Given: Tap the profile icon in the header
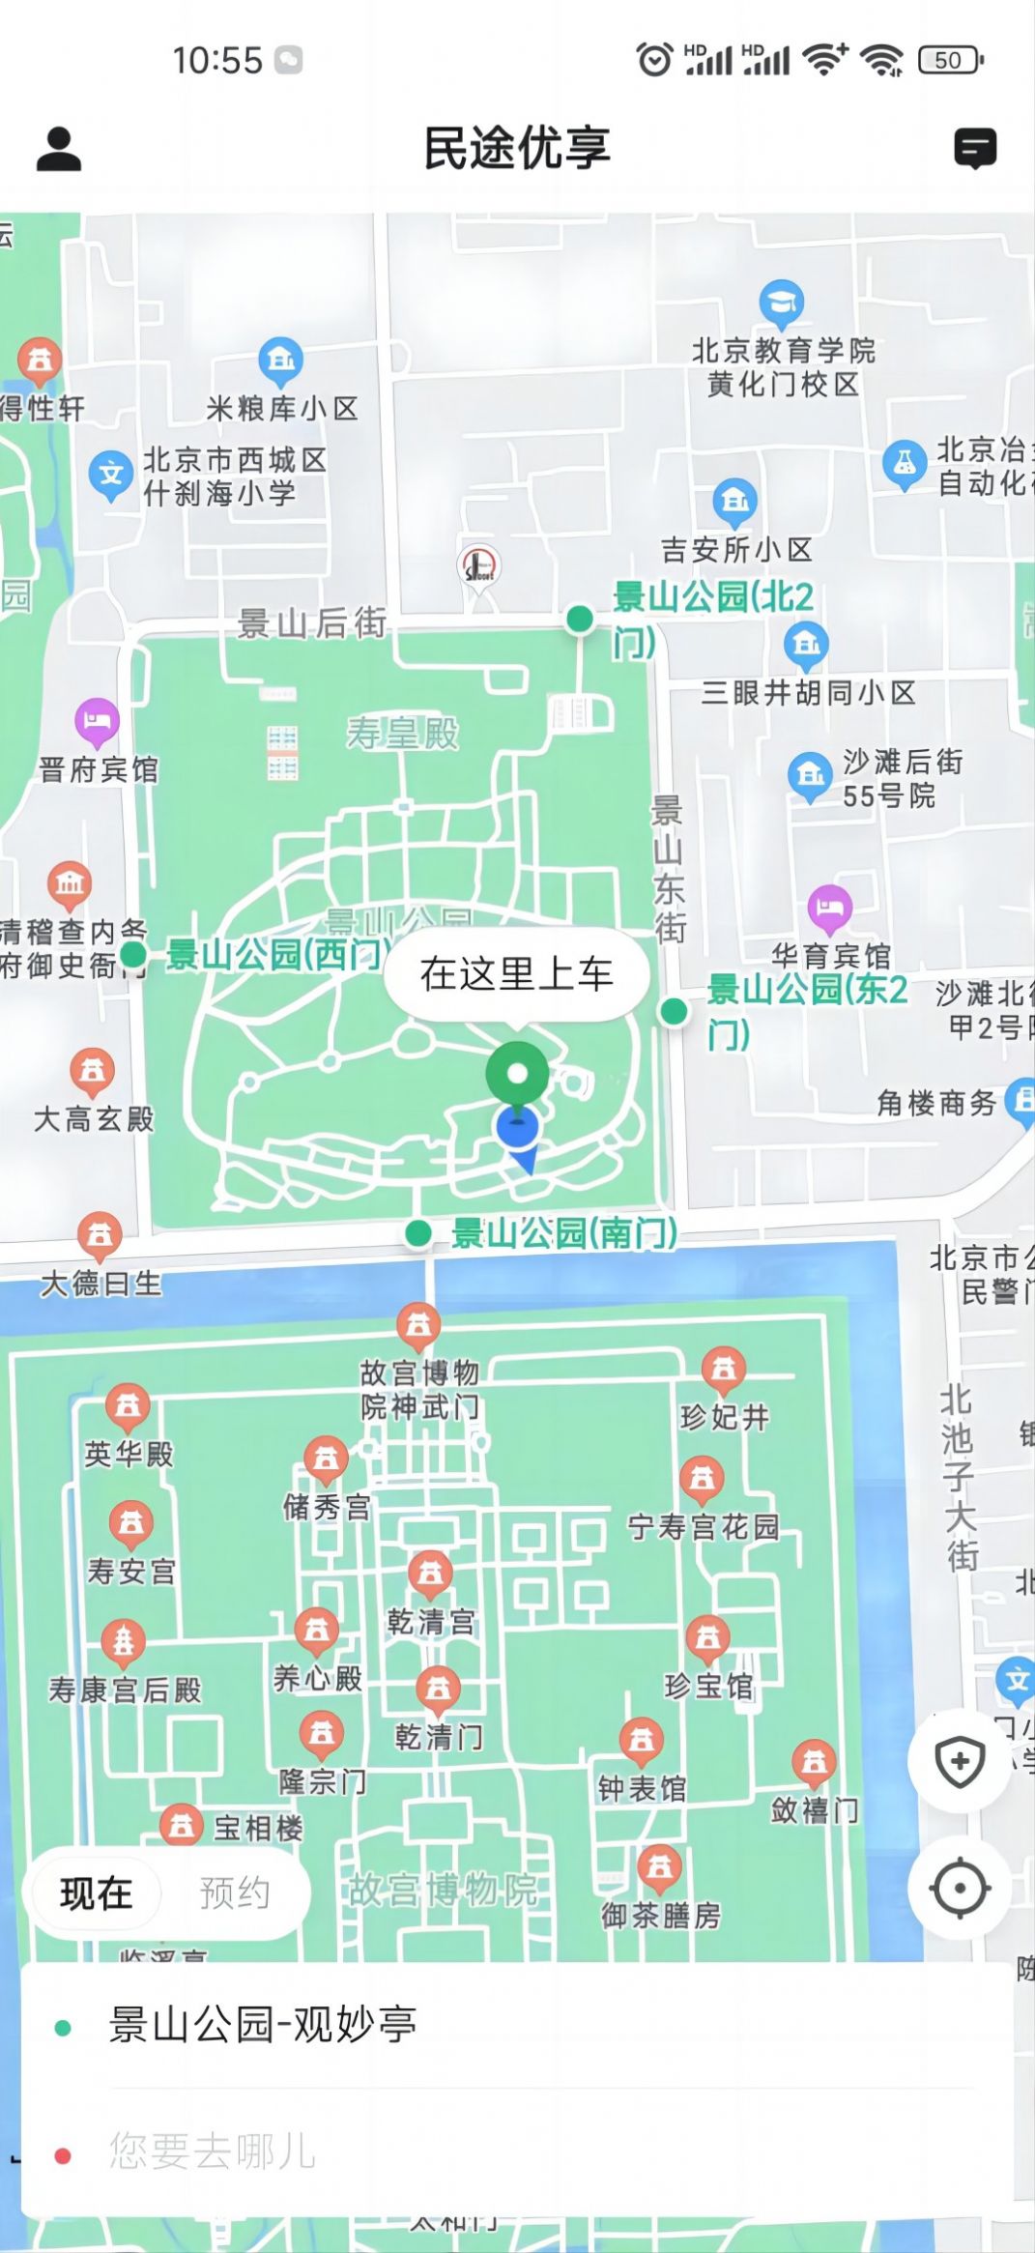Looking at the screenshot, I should point(59,149).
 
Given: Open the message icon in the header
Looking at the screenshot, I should point(975,149).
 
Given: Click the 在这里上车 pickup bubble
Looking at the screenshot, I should point(516,974).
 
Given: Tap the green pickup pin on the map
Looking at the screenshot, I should point(517,1075).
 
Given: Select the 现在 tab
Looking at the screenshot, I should point(97,1893).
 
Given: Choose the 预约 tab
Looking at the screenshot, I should point(234,1893).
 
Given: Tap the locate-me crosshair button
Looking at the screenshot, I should point(960,1888).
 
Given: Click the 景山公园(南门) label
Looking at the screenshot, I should point(564,1233).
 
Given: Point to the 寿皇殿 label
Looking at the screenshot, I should point(403,734).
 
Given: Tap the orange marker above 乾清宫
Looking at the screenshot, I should point(431,1574).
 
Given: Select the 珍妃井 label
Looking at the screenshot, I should point(725,1418).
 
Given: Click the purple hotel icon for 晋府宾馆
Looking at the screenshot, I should point(97,720).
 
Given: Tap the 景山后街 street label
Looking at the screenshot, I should point(312,623).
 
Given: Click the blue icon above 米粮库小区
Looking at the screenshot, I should point(281,361).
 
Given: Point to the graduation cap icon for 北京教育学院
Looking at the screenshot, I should point(782,303).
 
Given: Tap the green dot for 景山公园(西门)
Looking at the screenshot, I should point(132,955).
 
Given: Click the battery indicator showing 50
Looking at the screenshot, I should point(950,60).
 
